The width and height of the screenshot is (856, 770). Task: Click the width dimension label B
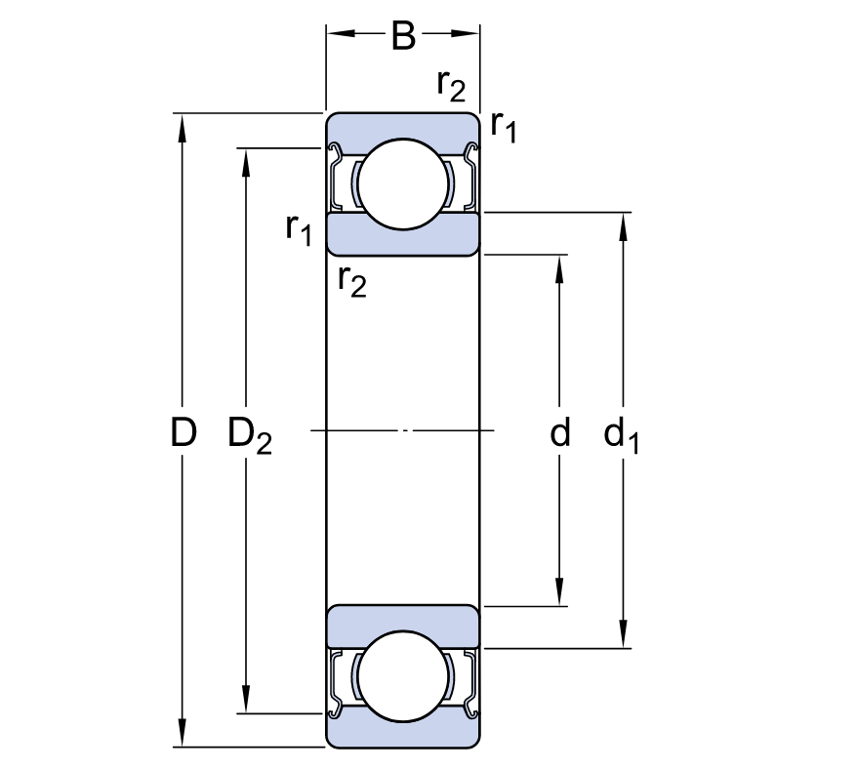click(403, 36)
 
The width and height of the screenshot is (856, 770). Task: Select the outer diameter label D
click(183, 432)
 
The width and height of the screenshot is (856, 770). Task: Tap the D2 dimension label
click(250, 435)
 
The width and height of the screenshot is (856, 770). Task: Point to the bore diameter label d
click(560, 432)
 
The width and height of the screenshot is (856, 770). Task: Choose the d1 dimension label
click(621, 435)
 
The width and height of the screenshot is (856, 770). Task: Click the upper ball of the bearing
click(403, 183)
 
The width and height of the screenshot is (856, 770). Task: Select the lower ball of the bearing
click(403, 676)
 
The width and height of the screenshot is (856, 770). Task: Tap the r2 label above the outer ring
click(451, 86)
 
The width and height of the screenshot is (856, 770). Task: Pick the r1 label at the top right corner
click(503, 127)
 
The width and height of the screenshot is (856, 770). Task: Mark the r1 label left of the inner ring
click(299, 229)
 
